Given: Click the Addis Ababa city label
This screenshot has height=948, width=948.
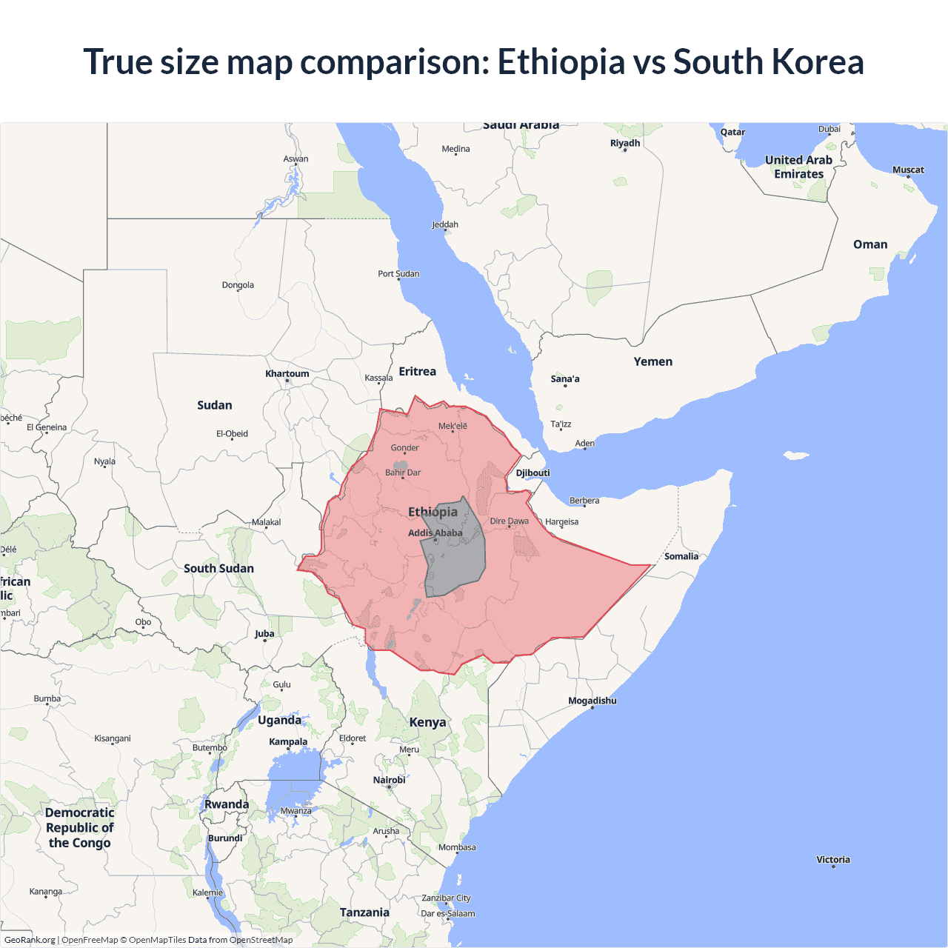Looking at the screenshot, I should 435,533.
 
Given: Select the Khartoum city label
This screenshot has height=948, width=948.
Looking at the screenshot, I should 287,374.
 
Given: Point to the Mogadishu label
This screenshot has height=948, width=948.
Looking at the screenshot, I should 592,701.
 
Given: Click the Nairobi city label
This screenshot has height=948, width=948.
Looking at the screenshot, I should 390,780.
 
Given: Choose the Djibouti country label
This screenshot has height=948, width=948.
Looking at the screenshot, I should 533,473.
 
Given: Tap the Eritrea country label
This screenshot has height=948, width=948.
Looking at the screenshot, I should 418,372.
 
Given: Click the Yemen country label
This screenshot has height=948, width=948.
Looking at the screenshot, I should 653,361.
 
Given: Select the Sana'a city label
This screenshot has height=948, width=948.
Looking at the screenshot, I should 565,379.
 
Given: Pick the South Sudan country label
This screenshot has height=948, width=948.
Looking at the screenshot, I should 218,569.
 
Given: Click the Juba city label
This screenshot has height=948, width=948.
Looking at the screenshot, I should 264,634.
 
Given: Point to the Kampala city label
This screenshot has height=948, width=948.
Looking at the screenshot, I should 288,741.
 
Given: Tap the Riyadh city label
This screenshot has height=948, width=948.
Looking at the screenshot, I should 625,143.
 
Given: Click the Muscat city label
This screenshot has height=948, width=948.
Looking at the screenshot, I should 908,170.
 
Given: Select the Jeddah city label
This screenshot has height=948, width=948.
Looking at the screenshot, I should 445,224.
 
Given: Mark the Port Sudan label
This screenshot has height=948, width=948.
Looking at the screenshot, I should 398,274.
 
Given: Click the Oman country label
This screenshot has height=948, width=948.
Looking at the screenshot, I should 870,244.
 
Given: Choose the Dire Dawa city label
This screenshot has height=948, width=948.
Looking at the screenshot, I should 510,521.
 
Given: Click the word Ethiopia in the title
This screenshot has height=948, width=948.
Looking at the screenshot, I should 561,61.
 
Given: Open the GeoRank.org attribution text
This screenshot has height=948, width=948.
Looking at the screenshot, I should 30,940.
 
